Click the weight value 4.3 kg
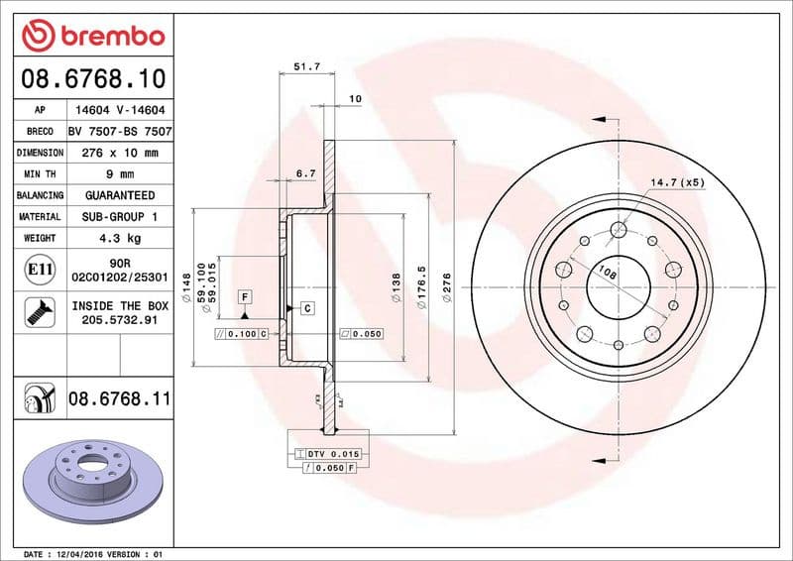(x=120, y=238)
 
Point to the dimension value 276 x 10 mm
(x=120, y=153)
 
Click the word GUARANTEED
(x=120, y=195)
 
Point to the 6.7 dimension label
(x=306, y=173)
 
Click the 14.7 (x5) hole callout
(x=677, y=182)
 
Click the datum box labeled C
(x=307, y=308)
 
